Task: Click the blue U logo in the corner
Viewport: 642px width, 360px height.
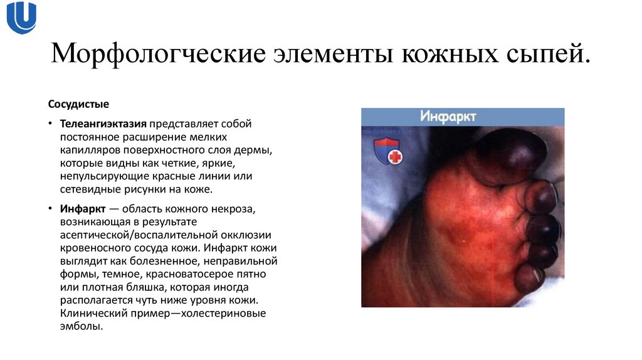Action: click(21, 18)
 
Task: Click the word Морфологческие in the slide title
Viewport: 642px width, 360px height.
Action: click(156, 55)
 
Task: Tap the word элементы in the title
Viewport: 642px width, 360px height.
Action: click(332, 55)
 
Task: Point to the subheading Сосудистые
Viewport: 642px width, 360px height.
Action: click(78, 102)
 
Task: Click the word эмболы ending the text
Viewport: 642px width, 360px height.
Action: click(81, 327)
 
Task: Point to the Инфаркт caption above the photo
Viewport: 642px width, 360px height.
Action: click(448, 117)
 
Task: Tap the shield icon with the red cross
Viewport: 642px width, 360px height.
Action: click(387, 152)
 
